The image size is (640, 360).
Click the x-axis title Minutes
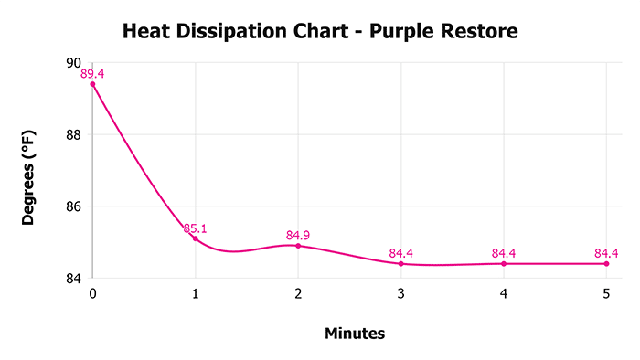(x=355, y=334)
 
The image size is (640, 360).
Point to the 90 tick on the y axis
(x=72, y=63)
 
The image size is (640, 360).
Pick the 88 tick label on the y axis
(x=72, y=134)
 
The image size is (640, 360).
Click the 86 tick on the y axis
(x=72, y=206)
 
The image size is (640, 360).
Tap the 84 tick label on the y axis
(x=72, y=278)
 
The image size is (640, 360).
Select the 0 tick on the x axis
(x=92, y=294)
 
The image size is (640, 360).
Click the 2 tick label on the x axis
(x=298, y=294)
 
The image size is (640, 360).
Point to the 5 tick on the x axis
(x=606, y=294)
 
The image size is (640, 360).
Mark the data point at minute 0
(x=92, y=84)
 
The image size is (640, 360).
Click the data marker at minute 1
(x=196, y=238)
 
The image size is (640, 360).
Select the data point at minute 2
(x=298, y=246)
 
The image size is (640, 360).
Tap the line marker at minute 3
(x=401, y=264)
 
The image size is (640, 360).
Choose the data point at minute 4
(x=504, y=264)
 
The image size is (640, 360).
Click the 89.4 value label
(x=92, y=74)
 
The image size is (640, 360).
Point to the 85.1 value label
(x=195, y=228)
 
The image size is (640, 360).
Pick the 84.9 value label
(x=298, y=235)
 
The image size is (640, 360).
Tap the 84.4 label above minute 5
(x=606, y=253)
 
